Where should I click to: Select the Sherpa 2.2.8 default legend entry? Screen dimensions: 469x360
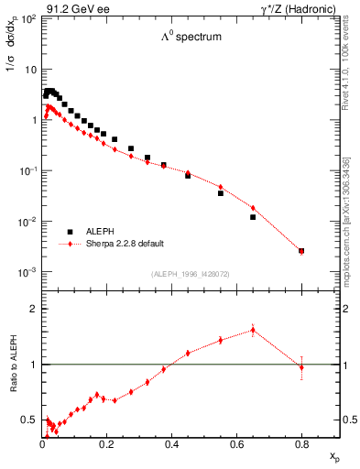(125, 244)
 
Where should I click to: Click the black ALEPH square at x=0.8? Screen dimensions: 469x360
(301, 251)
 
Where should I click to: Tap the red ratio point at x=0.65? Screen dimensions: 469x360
(253, 330)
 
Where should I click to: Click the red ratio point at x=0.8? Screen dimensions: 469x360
(301, 367)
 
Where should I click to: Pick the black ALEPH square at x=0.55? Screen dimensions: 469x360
(221, 193)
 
